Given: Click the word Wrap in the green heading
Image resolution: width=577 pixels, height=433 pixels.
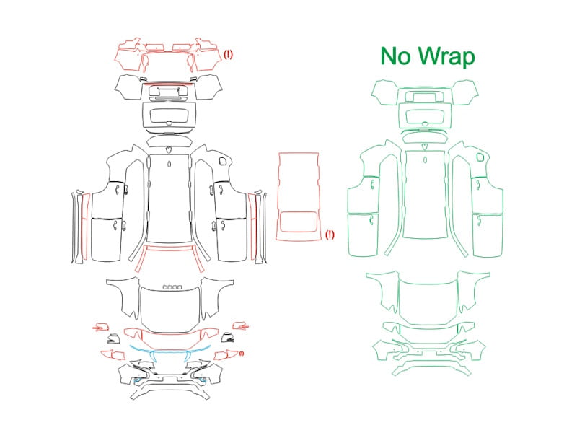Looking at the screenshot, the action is (446, 57).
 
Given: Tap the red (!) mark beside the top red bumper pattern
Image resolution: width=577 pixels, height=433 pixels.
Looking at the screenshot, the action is (228, 55).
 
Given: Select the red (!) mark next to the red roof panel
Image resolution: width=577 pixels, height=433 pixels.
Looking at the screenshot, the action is (330, 235).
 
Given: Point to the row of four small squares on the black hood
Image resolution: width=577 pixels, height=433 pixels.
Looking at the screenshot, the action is (172, 287).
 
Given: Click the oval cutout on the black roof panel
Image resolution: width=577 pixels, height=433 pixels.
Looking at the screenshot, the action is (169, 165).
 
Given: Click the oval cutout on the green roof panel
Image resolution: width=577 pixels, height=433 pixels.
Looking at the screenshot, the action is (426, 159).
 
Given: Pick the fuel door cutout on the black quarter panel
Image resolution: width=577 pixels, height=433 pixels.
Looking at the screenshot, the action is (223, 161).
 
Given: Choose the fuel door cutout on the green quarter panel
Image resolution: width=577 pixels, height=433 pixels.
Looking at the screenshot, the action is (480, 157).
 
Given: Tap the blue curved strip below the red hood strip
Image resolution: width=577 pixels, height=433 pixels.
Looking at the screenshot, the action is (169, 351).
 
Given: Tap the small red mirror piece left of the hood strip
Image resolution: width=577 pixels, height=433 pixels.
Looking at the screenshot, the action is (100, 327).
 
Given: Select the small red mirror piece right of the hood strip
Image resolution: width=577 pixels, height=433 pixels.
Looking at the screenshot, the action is (240, 326).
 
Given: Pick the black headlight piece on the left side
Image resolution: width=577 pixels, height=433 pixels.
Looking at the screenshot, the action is (114, 338).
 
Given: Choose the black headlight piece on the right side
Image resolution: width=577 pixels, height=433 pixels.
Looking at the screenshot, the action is (228, 338).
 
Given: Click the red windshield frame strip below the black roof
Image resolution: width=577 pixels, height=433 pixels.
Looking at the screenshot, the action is (169, 247).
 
